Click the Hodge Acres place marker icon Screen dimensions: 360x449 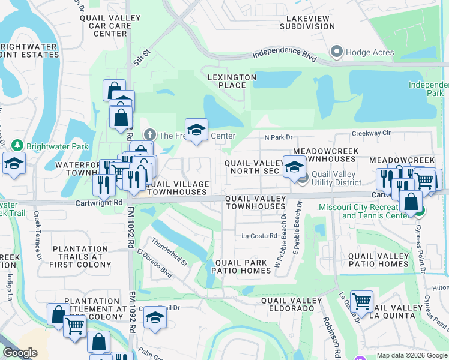(336, 52)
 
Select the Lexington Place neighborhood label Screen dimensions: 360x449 (232, 81)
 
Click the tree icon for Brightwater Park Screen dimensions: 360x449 (18, 146)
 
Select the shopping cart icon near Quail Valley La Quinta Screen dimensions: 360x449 (361, 301)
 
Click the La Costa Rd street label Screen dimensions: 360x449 (259, 236)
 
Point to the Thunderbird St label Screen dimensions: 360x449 (170, 253)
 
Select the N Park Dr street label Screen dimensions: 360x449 (278, 137)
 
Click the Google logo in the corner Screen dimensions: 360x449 (19, 353)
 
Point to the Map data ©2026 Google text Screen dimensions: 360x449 (411, 355)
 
